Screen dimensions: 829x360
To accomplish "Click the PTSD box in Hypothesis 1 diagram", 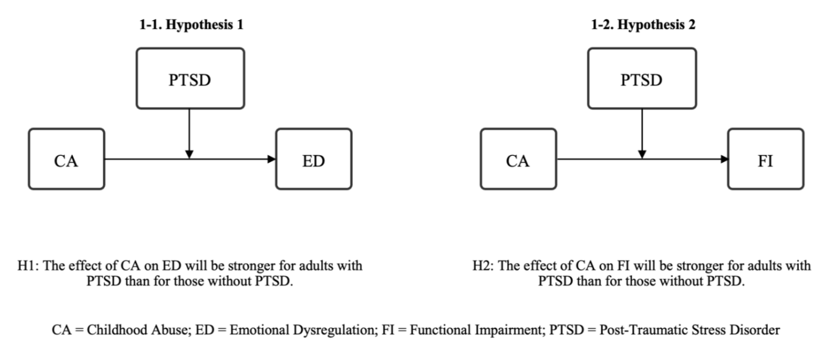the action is (190, 78).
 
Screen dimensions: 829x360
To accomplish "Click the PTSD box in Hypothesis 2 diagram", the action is (642, 78).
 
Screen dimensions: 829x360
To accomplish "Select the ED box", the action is (314, 159).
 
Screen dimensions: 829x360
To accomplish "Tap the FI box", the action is (766, 159).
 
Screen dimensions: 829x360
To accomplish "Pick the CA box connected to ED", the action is (66, 159).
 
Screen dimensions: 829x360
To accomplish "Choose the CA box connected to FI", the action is (519, 159).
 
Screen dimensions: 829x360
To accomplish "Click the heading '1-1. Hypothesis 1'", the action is (192, 25).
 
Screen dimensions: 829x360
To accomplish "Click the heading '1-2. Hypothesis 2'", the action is (643, 25).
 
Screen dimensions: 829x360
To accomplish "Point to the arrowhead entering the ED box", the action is (271, 159).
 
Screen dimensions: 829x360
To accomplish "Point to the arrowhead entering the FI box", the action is (724, 159).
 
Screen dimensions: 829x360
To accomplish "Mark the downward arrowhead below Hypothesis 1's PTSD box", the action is (189, 154).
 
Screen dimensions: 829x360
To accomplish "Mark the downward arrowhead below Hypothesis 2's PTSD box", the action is (642, 154).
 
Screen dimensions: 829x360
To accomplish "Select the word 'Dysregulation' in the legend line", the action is (334, 330).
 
